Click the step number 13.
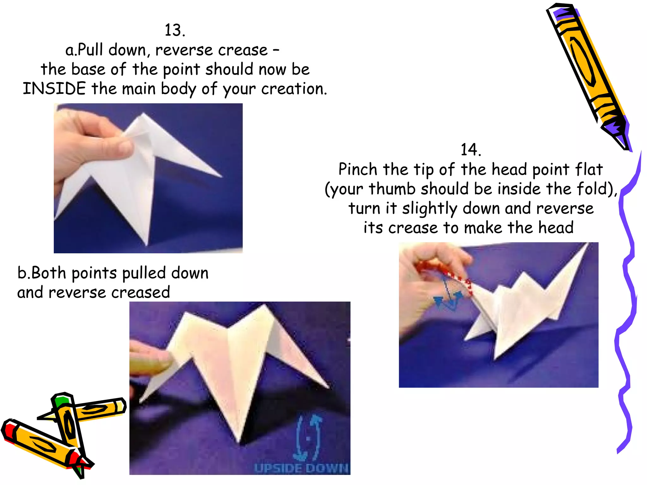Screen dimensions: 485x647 [175, 30]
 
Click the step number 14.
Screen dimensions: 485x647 [471, 150]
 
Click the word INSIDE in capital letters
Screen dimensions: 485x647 [54, 89]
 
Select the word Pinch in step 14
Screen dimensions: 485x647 [358, 169]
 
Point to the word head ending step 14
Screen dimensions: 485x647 [556, 228]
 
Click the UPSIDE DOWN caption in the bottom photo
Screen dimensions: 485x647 [301, 468]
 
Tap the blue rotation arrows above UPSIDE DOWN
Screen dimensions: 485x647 [308, 437]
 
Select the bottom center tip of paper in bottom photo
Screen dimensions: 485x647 [239, 439]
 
